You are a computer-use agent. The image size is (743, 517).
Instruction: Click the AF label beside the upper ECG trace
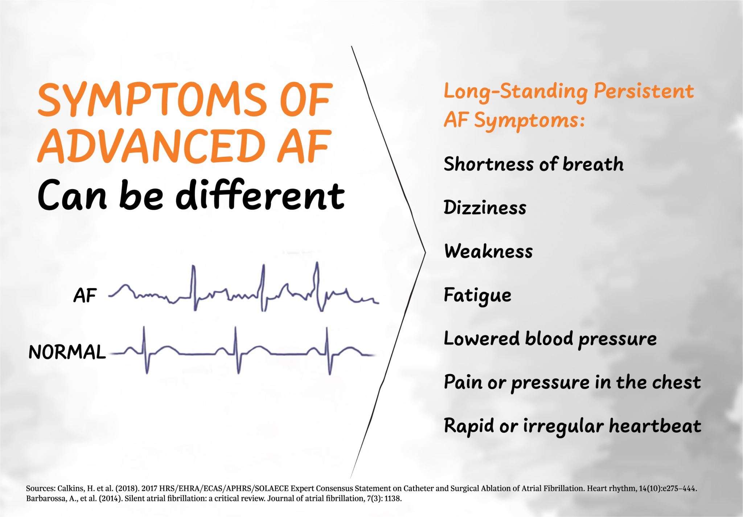[85, 295]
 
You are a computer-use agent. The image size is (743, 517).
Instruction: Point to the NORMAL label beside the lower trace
[67, 352]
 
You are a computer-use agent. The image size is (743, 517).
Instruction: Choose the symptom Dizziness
[485, 208]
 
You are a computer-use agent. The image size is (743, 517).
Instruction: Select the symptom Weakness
[488, 251]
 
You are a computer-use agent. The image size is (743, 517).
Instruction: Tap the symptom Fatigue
[477, 295]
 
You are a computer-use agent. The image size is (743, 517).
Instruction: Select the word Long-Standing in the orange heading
[515, 91]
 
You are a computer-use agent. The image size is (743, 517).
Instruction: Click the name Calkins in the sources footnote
[69, 488]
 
